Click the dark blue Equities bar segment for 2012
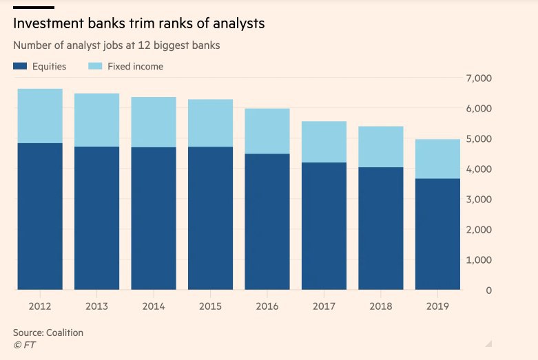pyautogui.click(x=40, y=216)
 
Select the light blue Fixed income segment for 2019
pyautogui.click(x=437, y=159)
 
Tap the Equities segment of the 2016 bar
pyautogui.click(x=267, y=222)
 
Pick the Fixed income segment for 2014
pyautogui.click(x=154, y=122)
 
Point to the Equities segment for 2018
pyautogui.click(x=381, y=229)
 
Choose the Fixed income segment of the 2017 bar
pyautogui.click(x=324, y=142)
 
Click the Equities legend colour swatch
pyautogui.click(x=20, y=67)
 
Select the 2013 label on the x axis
pyautogui.click(x=96, y=306)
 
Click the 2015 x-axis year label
pyautogui.click(x=210, y=306)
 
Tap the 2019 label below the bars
pyautogui.click(x=437, y=306)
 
